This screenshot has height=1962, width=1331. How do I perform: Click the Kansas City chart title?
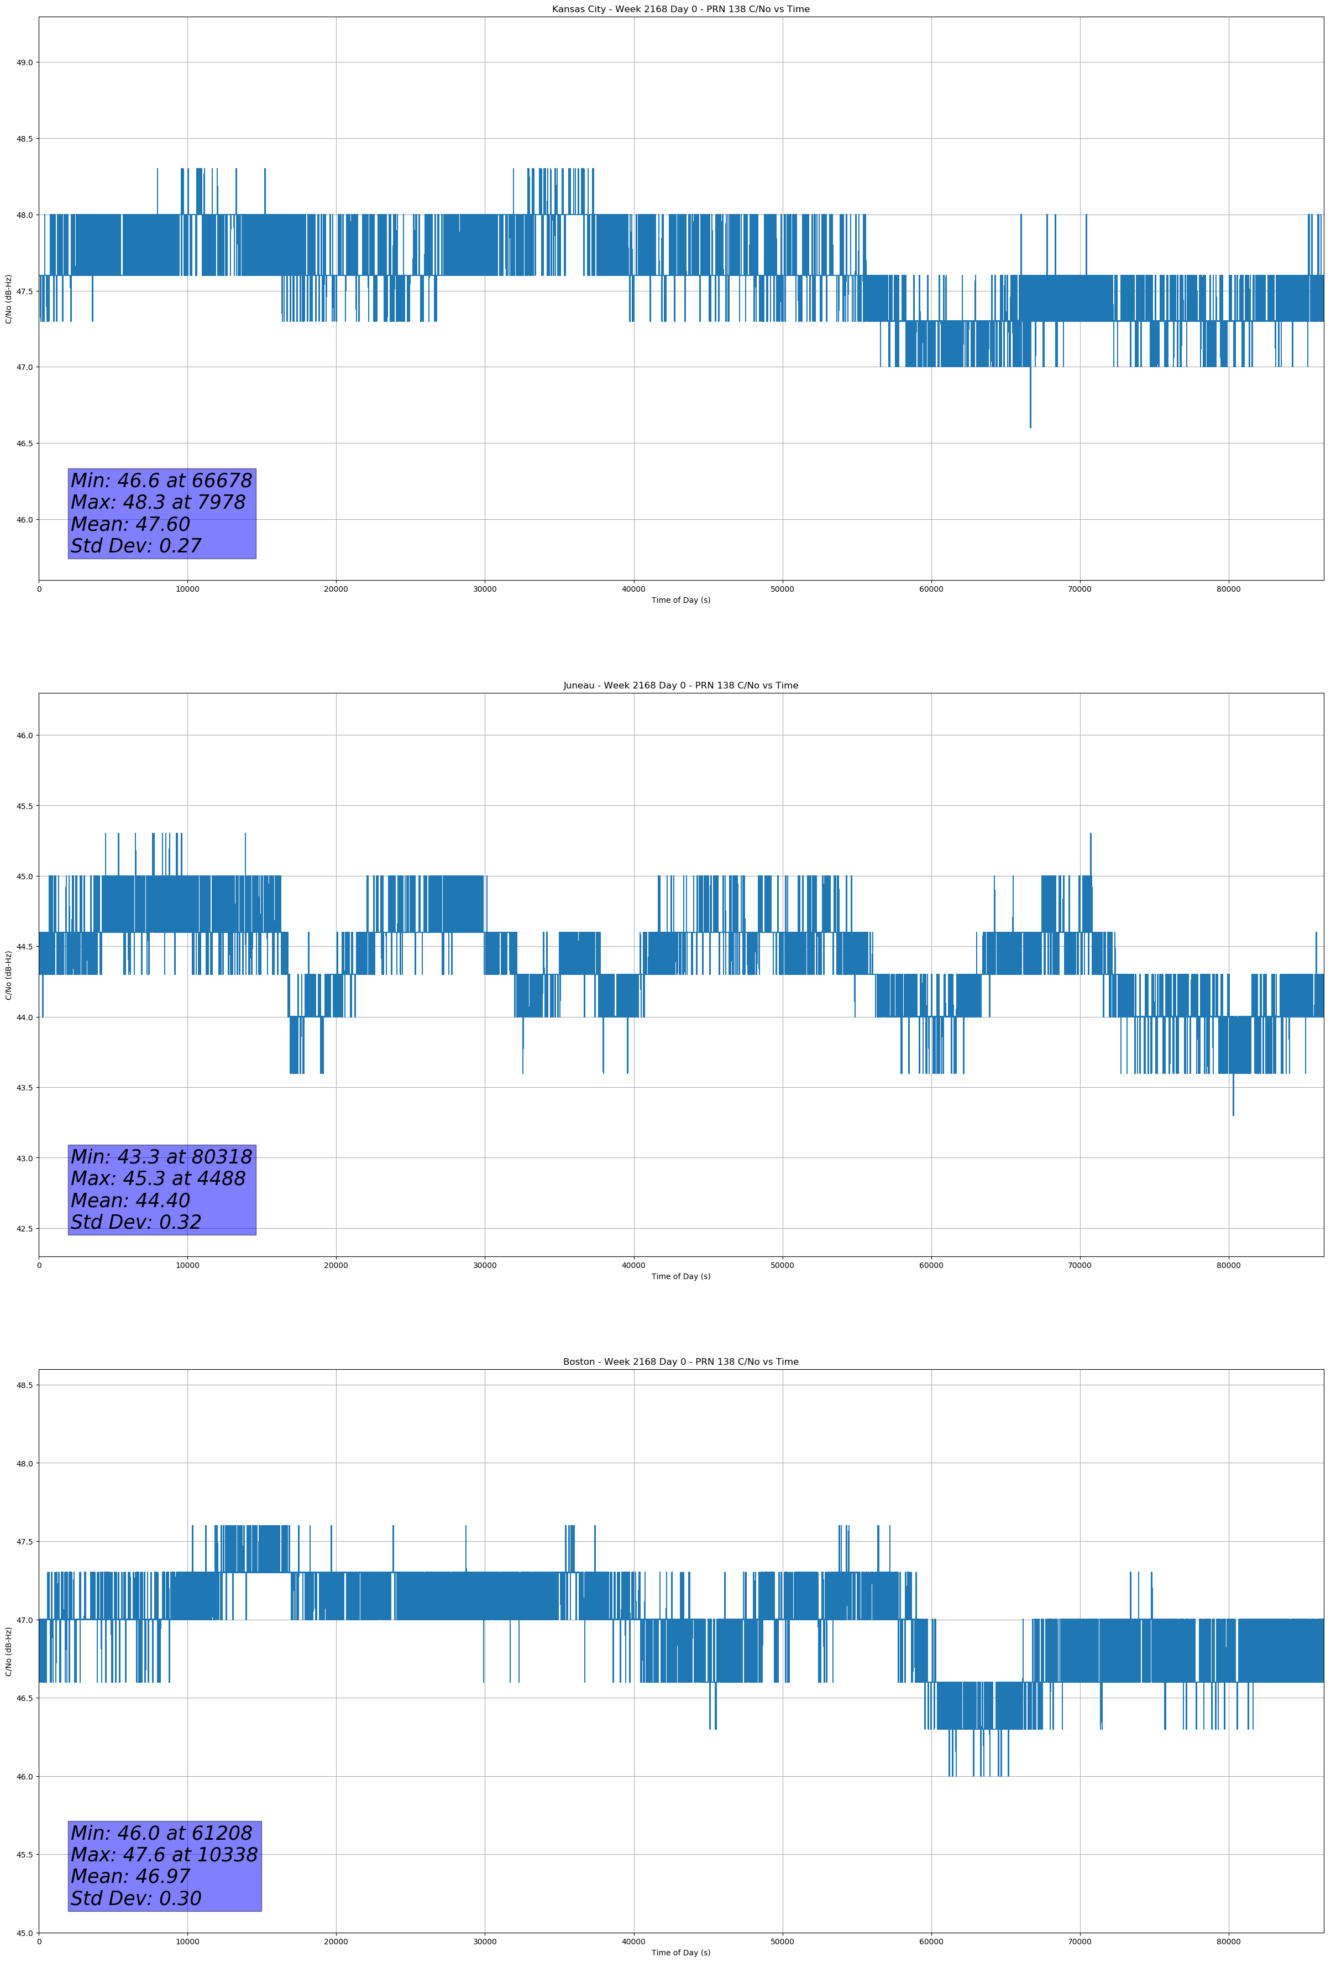680,9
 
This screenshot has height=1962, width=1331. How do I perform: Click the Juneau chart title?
680,686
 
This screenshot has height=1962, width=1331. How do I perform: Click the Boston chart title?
680,1362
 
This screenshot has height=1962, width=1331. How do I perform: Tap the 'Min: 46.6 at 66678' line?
161,481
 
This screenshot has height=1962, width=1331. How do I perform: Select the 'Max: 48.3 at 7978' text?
158,502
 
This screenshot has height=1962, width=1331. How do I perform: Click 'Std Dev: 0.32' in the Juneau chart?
136,1223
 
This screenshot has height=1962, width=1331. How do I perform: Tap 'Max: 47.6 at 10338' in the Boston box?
164,1855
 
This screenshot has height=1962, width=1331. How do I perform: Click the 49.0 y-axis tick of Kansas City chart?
24,62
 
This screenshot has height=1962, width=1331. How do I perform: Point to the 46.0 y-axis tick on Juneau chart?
24,735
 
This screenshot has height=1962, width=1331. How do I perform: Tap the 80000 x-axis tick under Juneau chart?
1228,1265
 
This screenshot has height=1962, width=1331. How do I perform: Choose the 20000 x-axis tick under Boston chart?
336,1942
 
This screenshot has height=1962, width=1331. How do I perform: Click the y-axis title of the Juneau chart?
8,975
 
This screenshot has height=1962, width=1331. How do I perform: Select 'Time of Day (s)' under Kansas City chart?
680,600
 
